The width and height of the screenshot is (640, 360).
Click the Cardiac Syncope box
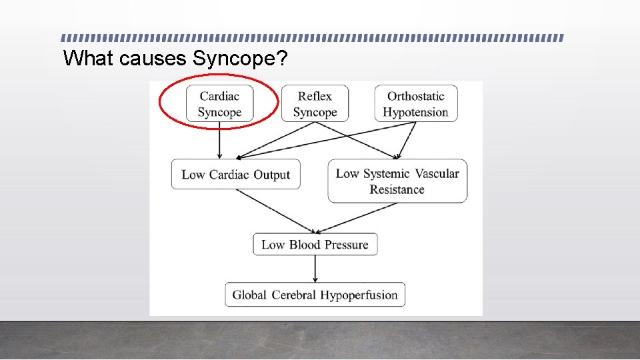coord(219,103)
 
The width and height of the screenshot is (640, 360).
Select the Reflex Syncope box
coord(315,103)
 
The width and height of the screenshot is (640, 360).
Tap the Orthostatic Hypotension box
coord(415,103)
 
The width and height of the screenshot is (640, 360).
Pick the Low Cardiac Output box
coord(235,175)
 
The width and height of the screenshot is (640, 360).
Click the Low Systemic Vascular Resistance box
coord(397,181)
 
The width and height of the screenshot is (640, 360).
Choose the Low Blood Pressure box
coord(315,245)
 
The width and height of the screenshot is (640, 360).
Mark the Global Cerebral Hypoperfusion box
coord(315,295)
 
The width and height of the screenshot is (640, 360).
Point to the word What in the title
coord(89,59)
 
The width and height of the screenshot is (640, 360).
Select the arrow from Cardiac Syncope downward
coord(220,141)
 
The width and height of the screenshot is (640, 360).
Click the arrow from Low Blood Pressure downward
coord(315,269)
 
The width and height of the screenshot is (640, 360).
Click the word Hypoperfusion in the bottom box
coord(359,295)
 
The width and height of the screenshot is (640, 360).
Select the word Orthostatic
coord(415,96)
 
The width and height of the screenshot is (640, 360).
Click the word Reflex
coord(315,96)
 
